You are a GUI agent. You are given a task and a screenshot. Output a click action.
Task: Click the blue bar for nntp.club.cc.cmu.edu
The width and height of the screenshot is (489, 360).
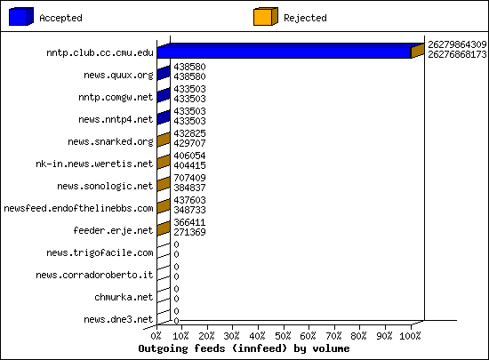[284, 52]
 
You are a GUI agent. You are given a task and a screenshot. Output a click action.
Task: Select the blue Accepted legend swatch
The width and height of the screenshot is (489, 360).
[21, 17]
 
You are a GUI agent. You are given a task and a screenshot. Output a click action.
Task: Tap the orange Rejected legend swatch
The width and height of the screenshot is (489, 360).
[266, 17]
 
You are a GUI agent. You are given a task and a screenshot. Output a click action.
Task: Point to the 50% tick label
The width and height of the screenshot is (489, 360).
[284, 336]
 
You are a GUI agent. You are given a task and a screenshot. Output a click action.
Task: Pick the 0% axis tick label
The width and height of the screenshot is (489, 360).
[156, 336]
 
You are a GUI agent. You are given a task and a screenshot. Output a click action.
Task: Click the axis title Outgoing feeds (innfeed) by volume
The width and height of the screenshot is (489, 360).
[244, 348]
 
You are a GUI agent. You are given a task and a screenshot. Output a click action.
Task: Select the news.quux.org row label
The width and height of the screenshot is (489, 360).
[118, 76]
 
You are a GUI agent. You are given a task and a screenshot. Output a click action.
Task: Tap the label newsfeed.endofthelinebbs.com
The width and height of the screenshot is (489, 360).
[78, 208]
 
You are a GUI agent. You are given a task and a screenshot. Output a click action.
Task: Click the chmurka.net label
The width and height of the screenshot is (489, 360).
[124, 297]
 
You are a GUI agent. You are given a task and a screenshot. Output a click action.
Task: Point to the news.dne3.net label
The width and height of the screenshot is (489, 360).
[118, 319]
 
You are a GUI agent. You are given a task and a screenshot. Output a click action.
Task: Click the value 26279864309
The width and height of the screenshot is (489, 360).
[457, 44]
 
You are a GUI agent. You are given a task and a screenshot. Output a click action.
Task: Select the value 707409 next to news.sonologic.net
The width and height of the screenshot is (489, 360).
[189, 178]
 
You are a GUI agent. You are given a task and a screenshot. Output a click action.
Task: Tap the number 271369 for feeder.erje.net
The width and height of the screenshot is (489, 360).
[189, 232]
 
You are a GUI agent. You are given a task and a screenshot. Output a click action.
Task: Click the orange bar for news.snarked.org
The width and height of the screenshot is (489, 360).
[164, 140]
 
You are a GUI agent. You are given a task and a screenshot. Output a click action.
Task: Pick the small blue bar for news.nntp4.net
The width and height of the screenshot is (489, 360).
[164, 117]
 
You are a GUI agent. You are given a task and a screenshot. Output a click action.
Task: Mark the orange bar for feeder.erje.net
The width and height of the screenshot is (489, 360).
[164, 228]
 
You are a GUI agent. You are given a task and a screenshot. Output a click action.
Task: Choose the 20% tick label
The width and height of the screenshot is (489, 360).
[207, 336]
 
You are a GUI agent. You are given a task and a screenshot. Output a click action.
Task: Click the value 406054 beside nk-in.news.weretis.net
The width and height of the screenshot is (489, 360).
[189, 156]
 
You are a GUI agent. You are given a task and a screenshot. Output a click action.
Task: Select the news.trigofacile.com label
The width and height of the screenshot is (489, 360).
[100, 252]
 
